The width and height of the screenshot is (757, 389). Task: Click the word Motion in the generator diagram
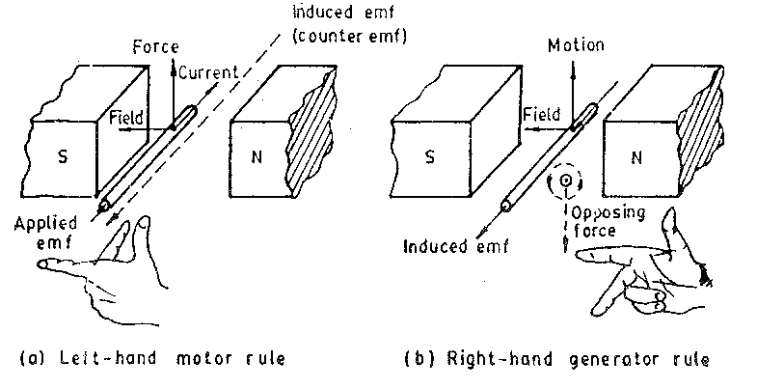coord(575,45)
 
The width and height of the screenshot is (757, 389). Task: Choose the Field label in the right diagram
coord(541,114)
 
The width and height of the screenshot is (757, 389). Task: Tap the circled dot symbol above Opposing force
coord(561,181)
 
